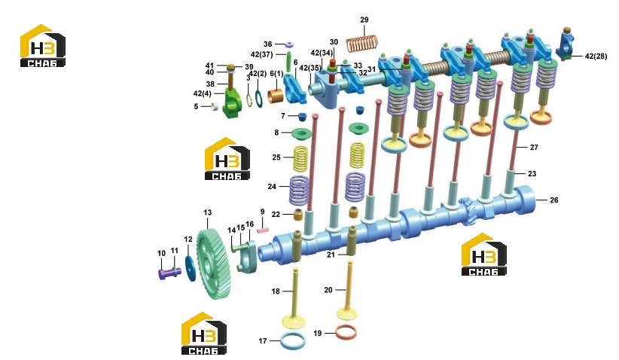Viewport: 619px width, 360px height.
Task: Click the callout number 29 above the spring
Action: (364, 20)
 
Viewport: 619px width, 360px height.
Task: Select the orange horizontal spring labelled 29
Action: (362, 43)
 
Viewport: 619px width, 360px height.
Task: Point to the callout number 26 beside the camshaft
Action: (554, 200)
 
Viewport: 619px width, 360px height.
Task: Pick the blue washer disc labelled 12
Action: (191, 268)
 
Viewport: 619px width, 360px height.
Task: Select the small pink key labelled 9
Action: (263, 228)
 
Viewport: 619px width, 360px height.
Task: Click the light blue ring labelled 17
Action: (292, 340)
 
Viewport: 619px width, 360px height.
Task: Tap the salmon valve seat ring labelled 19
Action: (346, 332)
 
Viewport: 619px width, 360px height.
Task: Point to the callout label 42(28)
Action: (596, 56)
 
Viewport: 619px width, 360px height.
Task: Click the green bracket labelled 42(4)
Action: (233, 102)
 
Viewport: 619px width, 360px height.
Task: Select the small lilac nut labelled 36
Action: (289, 44)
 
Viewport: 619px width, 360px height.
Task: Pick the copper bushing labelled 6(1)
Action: (276, 96)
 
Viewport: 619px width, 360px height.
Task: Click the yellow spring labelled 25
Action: (300, 158)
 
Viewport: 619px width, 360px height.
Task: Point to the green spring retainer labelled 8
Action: (302, 134)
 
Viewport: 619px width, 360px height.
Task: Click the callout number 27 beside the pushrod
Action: (534, 147)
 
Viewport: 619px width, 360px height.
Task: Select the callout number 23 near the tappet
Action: (532, 174)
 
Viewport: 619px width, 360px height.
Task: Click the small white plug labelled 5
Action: (215, 107)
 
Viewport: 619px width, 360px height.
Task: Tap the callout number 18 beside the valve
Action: (276, 291)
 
